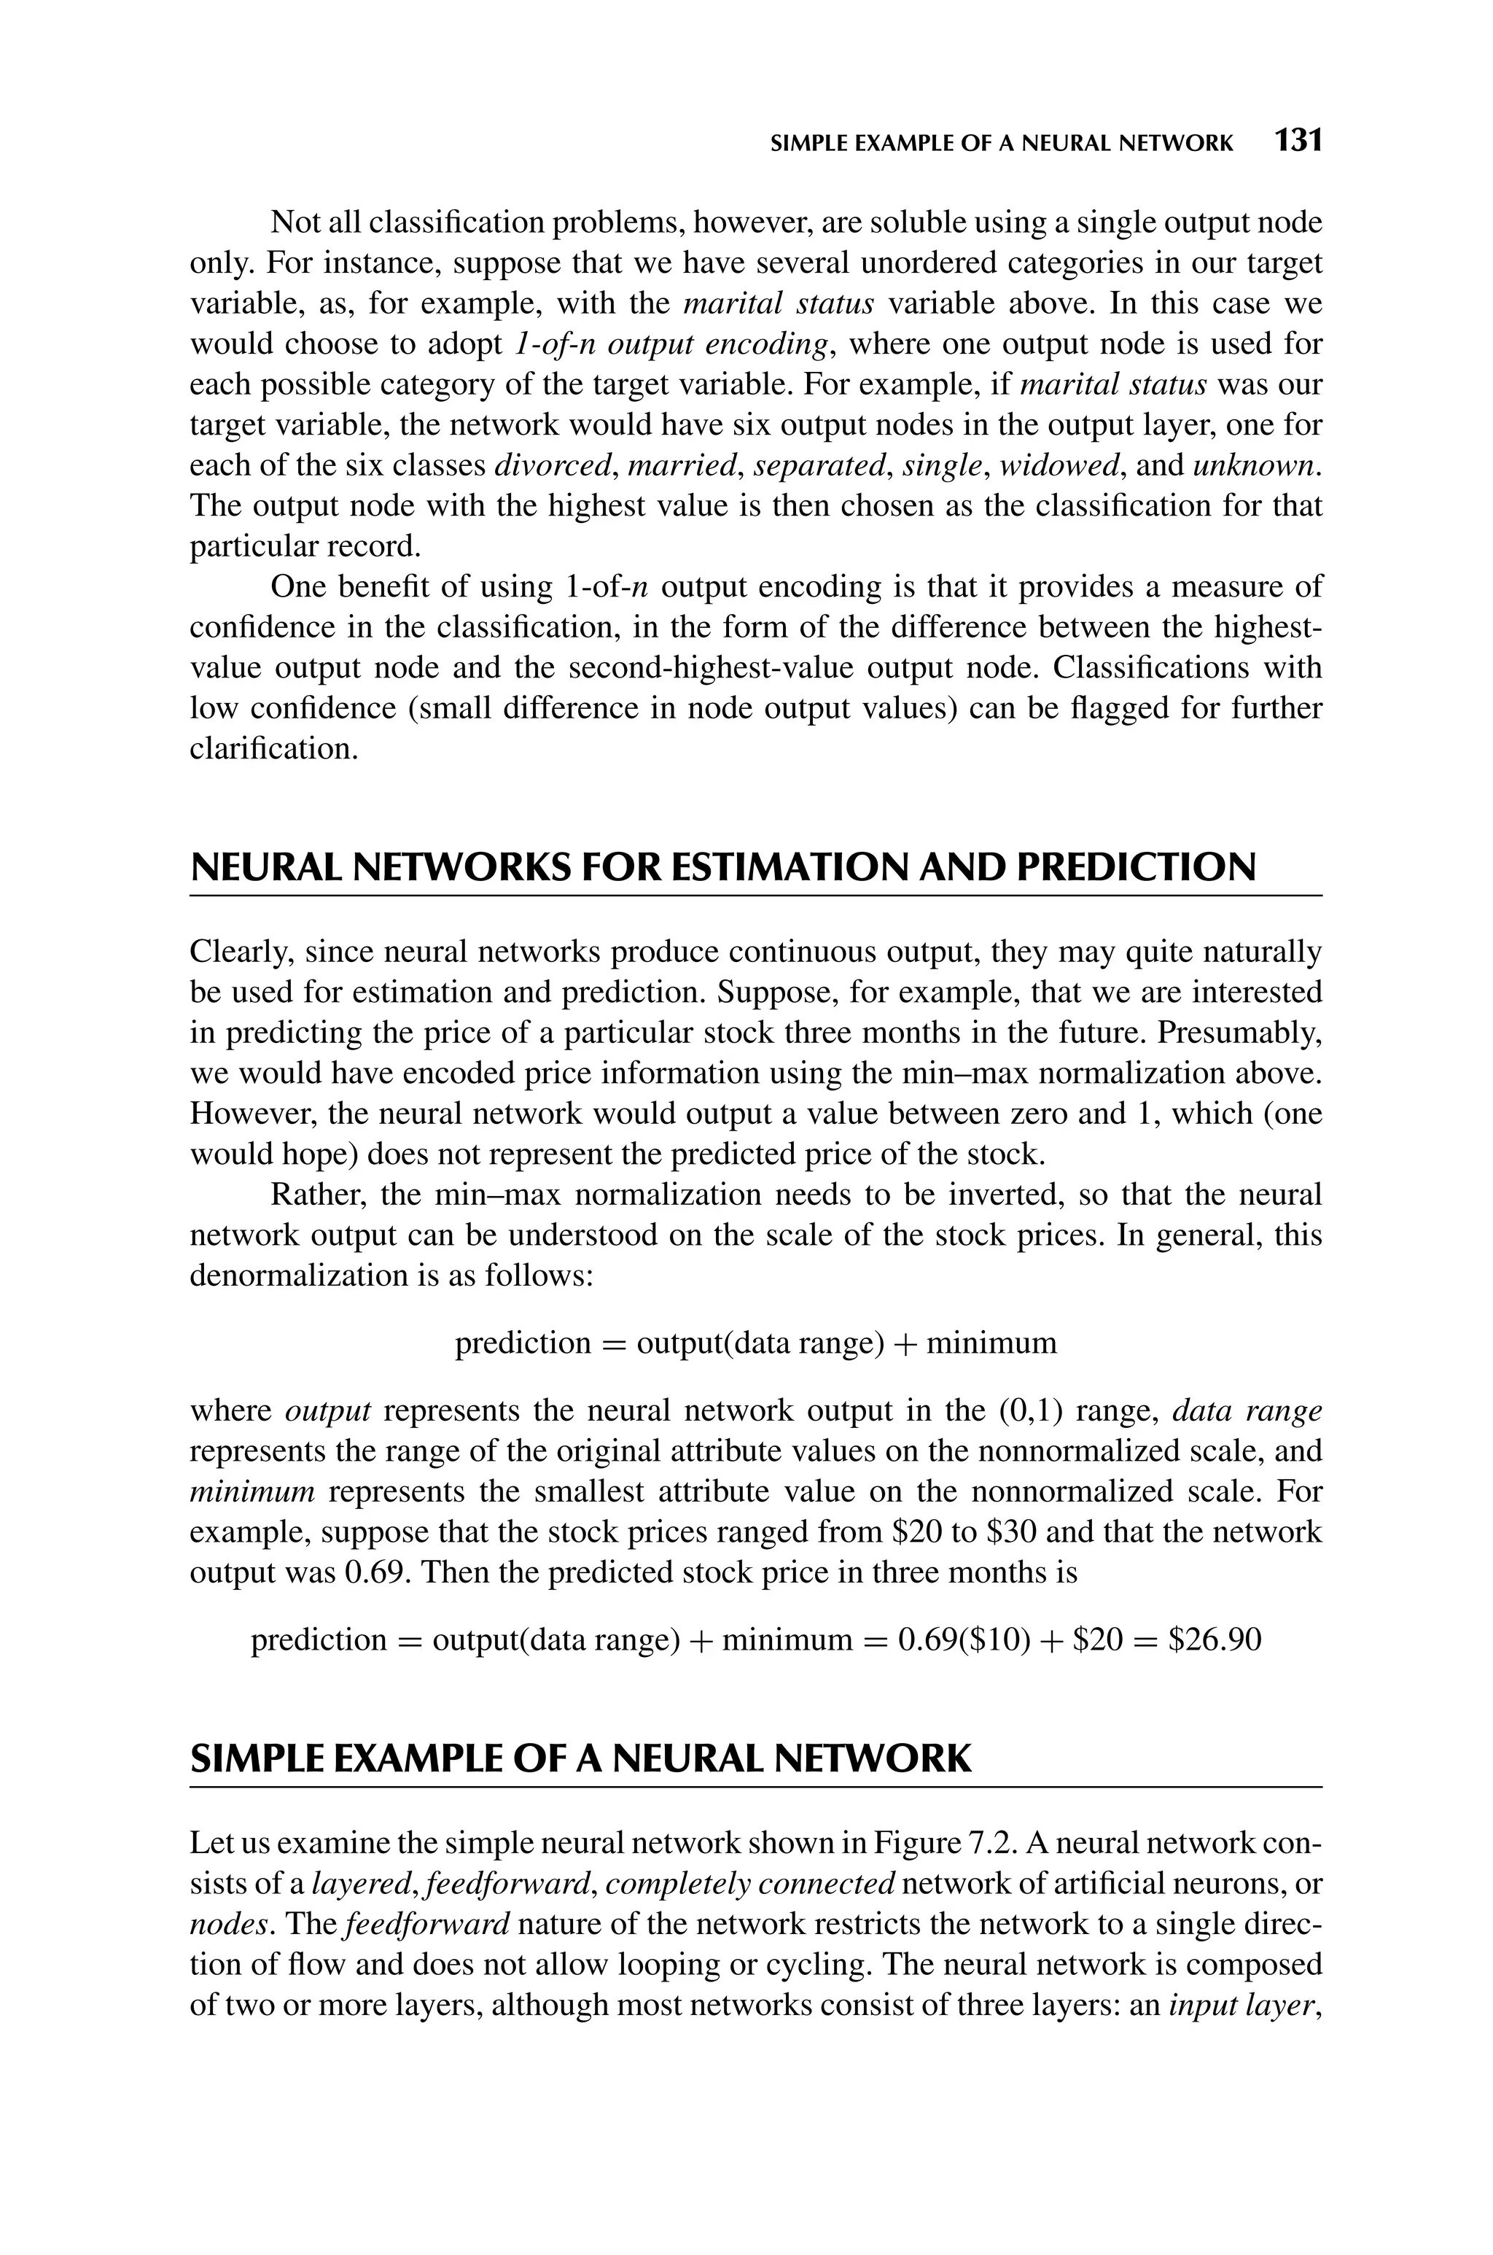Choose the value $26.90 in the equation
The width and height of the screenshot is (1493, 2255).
tap(1214, 1639)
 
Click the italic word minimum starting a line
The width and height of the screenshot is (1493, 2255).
tap(252, 1491)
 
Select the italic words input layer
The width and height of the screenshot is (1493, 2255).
tap(1244, 2006)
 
